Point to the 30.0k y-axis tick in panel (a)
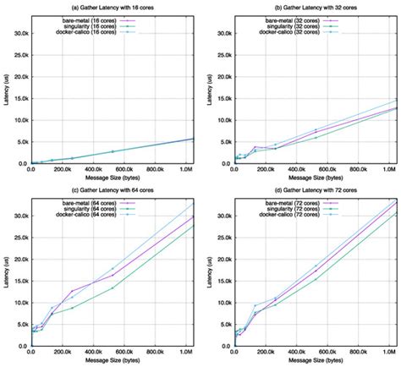point(19,34)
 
